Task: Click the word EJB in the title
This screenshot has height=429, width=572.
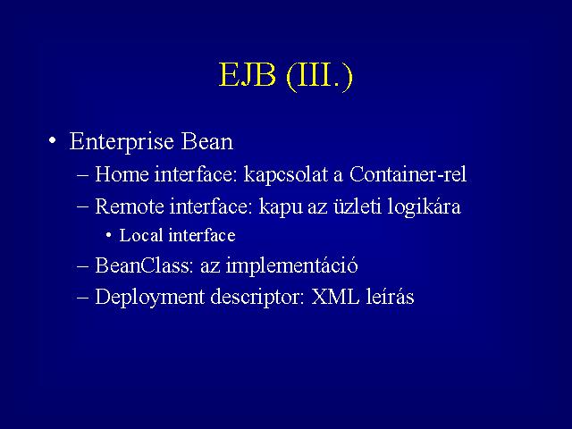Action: pos(247,75)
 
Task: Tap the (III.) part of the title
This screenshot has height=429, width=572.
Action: pos(320,76)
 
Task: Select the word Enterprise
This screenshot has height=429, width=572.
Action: pos(122,142)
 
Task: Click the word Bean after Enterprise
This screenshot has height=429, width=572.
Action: pos(206,141)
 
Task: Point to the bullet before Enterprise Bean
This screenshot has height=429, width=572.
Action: pos(53,140)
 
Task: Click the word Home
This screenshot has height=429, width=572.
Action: pos(122,174)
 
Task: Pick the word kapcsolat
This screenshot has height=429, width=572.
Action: pos(286,175)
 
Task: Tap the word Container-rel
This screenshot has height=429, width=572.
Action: pos(408,174)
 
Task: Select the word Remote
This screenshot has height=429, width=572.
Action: pos(130,206)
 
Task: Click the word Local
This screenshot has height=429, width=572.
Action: pos(141,235)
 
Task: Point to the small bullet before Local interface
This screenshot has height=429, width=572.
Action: pos(109,235)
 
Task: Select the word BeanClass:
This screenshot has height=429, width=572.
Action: pos(144,265)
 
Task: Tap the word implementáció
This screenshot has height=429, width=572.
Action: pos(292,266)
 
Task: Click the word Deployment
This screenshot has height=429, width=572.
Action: pos(149,298)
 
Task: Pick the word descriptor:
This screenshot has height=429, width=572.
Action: pos(257,298)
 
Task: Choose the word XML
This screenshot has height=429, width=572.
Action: pos(335,297)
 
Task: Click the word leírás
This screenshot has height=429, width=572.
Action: pos(390,296)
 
